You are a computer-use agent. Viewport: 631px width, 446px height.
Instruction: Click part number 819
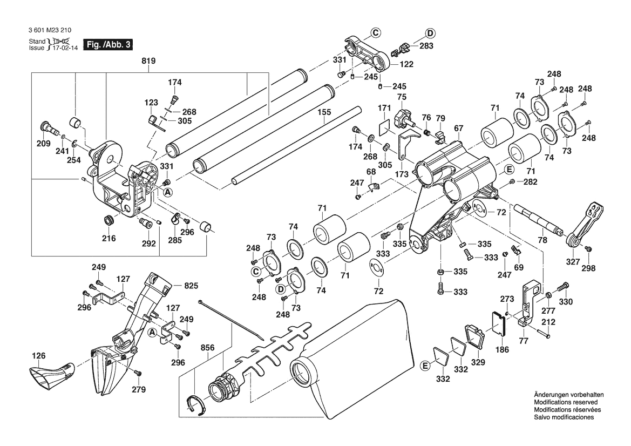coord(149,61)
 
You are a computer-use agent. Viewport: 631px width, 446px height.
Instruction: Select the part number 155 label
coord(324,114)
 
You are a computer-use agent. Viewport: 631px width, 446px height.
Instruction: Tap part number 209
coord(43,144)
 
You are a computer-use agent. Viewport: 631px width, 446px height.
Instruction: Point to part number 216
coord(109,238)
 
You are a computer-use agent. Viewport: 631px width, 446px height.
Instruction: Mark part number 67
coord(459,128)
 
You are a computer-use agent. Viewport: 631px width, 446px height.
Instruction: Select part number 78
coord(542,240)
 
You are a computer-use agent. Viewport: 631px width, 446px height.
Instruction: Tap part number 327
coord(572,261)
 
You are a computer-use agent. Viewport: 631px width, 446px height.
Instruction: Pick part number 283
coord(426,46)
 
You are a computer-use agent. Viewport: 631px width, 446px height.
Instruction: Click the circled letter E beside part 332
coord(426,366)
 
